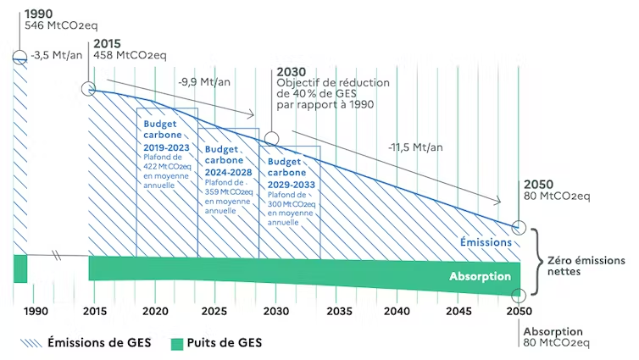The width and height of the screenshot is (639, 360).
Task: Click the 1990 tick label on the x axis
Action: (x=35, y=312)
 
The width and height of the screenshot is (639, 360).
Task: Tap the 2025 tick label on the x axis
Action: (x=215, y=312)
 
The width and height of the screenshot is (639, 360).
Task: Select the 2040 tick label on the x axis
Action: (x=396, y=312)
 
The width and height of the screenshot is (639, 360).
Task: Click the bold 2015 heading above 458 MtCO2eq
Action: (x=108, y=44)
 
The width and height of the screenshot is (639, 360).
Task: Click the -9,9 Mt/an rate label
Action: (x=200, y=83)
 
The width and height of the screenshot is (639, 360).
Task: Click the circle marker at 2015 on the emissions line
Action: (x=88, y=89)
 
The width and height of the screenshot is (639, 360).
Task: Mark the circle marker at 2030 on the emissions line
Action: (x=271, y=138)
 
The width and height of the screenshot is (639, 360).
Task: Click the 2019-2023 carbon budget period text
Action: (x=166, y=147)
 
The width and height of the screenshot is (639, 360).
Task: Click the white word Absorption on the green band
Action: (x=480, y=277)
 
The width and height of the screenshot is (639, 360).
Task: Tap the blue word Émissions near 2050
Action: (x=486, y=242)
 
